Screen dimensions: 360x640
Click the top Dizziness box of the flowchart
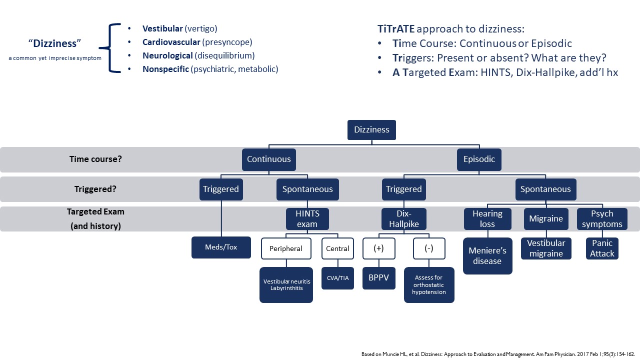coord(371,130)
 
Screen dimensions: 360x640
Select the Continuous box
coord(268,159)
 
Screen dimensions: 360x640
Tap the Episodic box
coord(479,159)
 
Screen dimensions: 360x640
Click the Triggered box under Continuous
coord(221,189)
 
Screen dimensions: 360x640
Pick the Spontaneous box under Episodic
coord(545,189)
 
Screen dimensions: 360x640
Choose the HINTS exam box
coord(307,219)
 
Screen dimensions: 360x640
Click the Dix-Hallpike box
coord(403,219)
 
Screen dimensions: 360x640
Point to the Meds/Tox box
coord(221,247)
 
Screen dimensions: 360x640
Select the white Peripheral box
coord(286,248)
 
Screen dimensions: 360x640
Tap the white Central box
coord(337,248)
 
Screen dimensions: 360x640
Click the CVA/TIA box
coord(337,278)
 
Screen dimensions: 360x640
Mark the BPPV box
coord(378,278)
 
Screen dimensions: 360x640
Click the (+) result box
coord(378,248)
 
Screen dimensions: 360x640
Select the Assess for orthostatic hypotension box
coord(429,285)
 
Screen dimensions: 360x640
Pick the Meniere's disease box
coord(487,256)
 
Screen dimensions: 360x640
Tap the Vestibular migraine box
coord(546,248)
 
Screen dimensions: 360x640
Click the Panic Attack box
coord(602,248)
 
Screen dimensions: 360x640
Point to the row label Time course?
coord(95,159)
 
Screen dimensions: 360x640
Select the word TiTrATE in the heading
coord(396,29)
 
